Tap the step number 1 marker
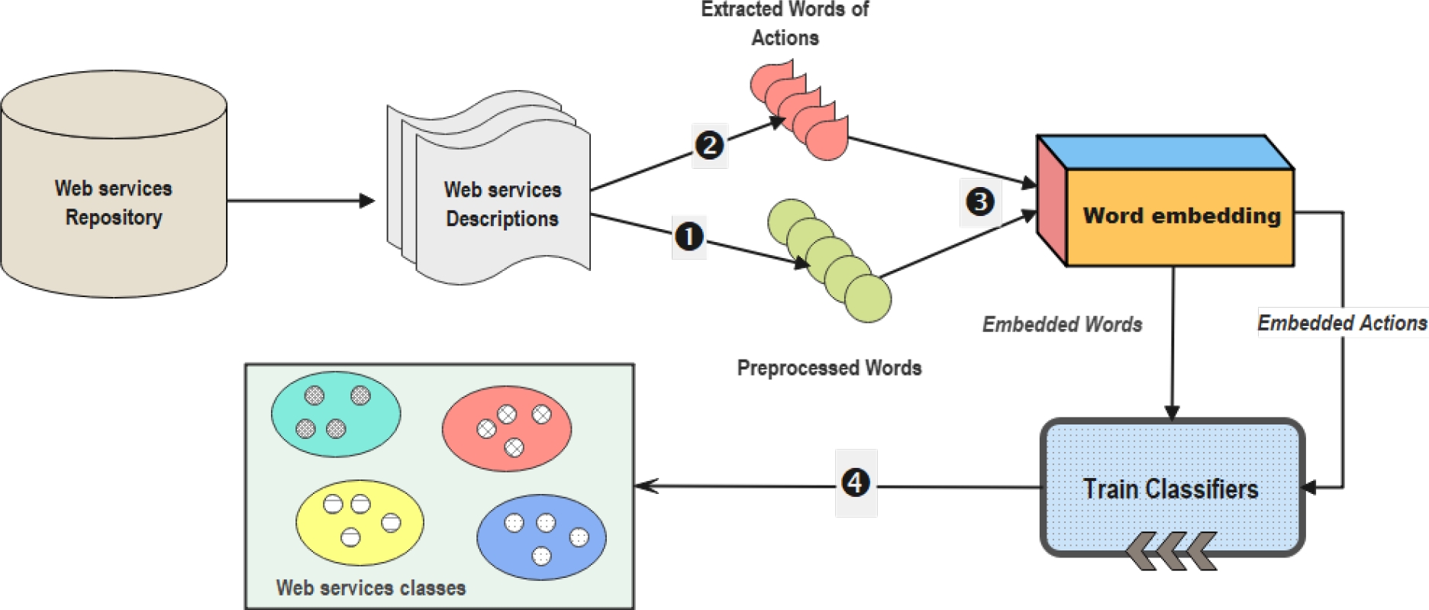coord(689,237)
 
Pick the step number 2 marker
coord(709,144)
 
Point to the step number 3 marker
coord(980,202)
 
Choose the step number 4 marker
coord(856,483)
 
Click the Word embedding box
coord(1179,217)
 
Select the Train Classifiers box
coord(1171,489)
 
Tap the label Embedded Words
coord(1062,324)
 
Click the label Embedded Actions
coord(1342,323)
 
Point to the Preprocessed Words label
coord(829,368)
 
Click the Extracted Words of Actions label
coord(785,24)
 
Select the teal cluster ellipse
coord(336,415)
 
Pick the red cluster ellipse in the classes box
coord(506,428)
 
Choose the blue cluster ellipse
coord(541,537)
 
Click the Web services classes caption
coord(371,588)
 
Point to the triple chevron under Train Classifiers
coord(1170,551)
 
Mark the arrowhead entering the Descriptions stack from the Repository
coord(367,201)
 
